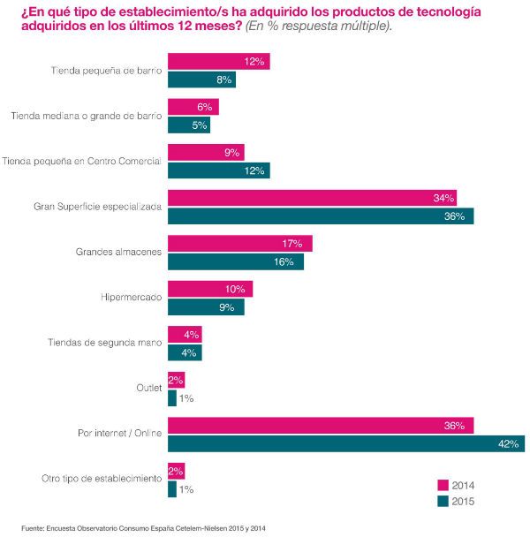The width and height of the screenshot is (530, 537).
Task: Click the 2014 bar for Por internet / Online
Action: click(321, 425)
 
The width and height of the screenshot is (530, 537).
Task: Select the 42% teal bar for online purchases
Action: click(346, 442)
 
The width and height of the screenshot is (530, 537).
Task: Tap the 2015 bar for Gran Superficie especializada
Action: click(321, 216)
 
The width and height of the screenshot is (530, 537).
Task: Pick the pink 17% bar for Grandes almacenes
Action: click(239, 243)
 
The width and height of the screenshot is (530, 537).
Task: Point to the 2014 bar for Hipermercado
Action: click(210, 289)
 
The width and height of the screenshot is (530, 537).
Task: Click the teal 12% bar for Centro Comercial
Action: click(218, 170)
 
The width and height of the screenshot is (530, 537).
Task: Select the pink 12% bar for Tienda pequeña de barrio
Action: click(218, 62)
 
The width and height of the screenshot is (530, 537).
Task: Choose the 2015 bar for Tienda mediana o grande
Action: click(189, 125)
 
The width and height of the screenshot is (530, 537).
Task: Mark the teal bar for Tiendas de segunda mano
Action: click(185, 352)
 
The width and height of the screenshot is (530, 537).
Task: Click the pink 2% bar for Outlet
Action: click(176, 380)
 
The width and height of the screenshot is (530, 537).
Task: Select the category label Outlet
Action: click(147, 389)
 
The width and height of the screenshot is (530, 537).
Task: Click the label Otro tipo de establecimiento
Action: click(102, 480)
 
